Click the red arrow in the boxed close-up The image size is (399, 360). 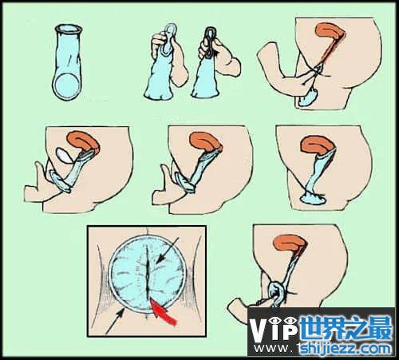(163, 312)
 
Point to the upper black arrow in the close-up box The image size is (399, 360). (167, 250)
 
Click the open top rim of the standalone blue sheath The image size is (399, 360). (68, 29)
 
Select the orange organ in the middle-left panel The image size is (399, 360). (83, 140)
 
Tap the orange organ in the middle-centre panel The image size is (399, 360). (205, 141)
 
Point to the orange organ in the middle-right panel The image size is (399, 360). (317, 145)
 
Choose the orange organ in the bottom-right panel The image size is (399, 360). (290, 243)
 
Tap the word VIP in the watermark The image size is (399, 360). (274, 328)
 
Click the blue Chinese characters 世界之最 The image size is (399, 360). (346, 327)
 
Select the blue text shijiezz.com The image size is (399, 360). (345, 348)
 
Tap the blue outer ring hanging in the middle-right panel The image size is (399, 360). (313, 199)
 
